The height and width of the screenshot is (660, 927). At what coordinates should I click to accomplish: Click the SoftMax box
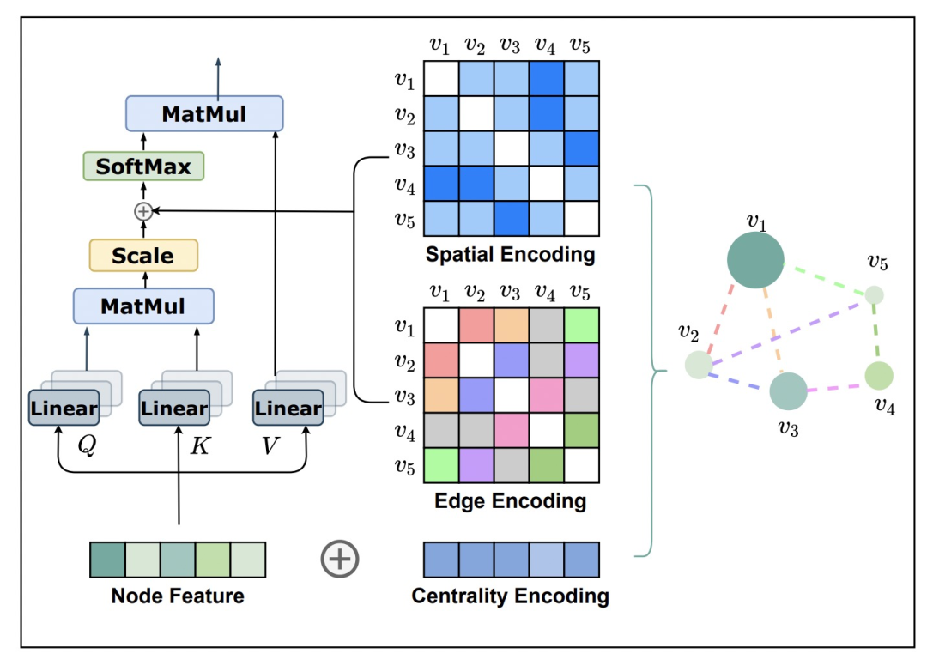click(143, 166)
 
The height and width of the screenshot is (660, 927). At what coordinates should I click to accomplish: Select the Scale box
click(143, 256)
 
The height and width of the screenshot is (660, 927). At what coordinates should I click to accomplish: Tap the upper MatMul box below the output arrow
click(204, 114)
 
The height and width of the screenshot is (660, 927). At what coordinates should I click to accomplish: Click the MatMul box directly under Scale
click(143, 306)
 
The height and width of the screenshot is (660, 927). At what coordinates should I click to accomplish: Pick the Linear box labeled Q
click(64, 409)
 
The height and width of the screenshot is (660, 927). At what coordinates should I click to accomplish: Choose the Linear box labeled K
click(174, 409)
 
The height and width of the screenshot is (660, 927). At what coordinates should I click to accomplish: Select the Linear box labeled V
click(288, 409)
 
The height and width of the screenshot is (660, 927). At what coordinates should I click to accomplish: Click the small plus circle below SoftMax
click(143, 210)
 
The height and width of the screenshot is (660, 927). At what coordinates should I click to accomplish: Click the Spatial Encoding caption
click(510, 255)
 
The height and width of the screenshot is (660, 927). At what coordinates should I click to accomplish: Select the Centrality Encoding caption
click(511, 596)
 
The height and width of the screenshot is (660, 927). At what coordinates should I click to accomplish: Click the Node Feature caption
click(178, 596)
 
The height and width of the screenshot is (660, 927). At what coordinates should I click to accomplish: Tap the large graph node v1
click(755, 260)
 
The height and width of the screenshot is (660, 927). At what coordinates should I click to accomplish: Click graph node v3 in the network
click(788, 391)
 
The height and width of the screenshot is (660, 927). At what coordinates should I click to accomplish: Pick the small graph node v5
click(874, 295)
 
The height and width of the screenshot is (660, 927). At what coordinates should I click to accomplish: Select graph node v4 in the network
click(879, 375)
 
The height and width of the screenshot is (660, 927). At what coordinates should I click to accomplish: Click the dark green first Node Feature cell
click(107, 560)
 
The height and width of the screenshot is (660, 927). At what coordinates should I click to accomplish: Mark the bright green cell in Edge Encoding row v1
click(580, 326)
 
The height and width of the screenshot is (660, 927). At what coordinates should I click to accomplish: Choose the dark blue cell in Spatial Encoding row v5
click(511, 218)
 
